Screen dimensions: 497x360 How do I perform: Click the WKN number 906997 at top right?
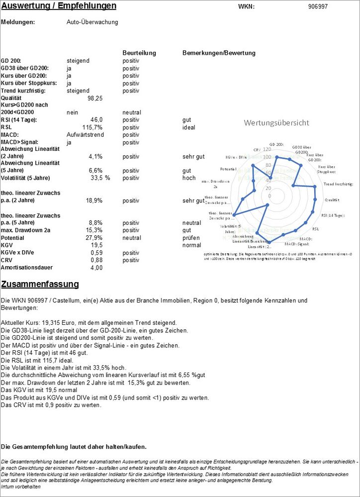[318, 6]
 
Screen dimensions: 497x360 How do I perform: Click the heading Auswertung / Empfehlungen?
[59, 6]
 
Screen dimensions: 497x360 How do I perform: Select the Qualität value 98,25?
[94, 99]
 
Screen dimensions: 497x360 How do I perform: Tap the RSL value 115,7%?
[92, 127]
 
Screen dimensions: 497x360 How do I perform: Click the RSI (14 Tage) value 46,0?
[96, 120]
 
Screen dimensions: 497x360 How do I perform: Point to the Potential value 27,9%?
[92, 238]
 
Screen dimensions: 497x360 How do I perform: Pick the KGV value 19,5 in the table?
[96, 245]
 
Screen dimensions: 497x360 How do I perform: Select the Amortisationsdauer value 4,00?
[96, 268]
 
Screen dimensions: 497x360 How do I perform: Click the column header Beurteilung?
[139, 53]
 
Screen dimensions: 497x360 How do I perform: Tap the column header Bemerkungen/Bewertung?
[219, 53]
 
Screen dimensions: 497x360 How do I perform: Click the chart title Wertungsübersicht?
[276, 122]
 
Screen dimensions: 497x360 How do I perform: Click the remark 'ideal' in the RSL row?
[189, 127]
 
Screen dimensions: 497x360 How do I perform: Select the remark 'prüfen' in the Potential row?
[191, 238]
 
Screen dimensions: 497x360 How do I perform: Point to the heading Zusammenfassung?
[40, 284]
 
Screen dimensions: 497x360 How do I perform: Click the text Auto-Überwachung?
[92, 22]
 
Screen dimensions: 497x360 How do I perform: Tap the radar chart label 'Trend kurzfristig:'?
[338, 184]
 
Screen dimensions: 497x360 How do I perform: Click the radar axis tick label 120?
[267, 149]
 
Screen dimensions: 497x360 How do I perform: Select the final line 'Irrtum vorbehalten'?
[21, 487]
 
